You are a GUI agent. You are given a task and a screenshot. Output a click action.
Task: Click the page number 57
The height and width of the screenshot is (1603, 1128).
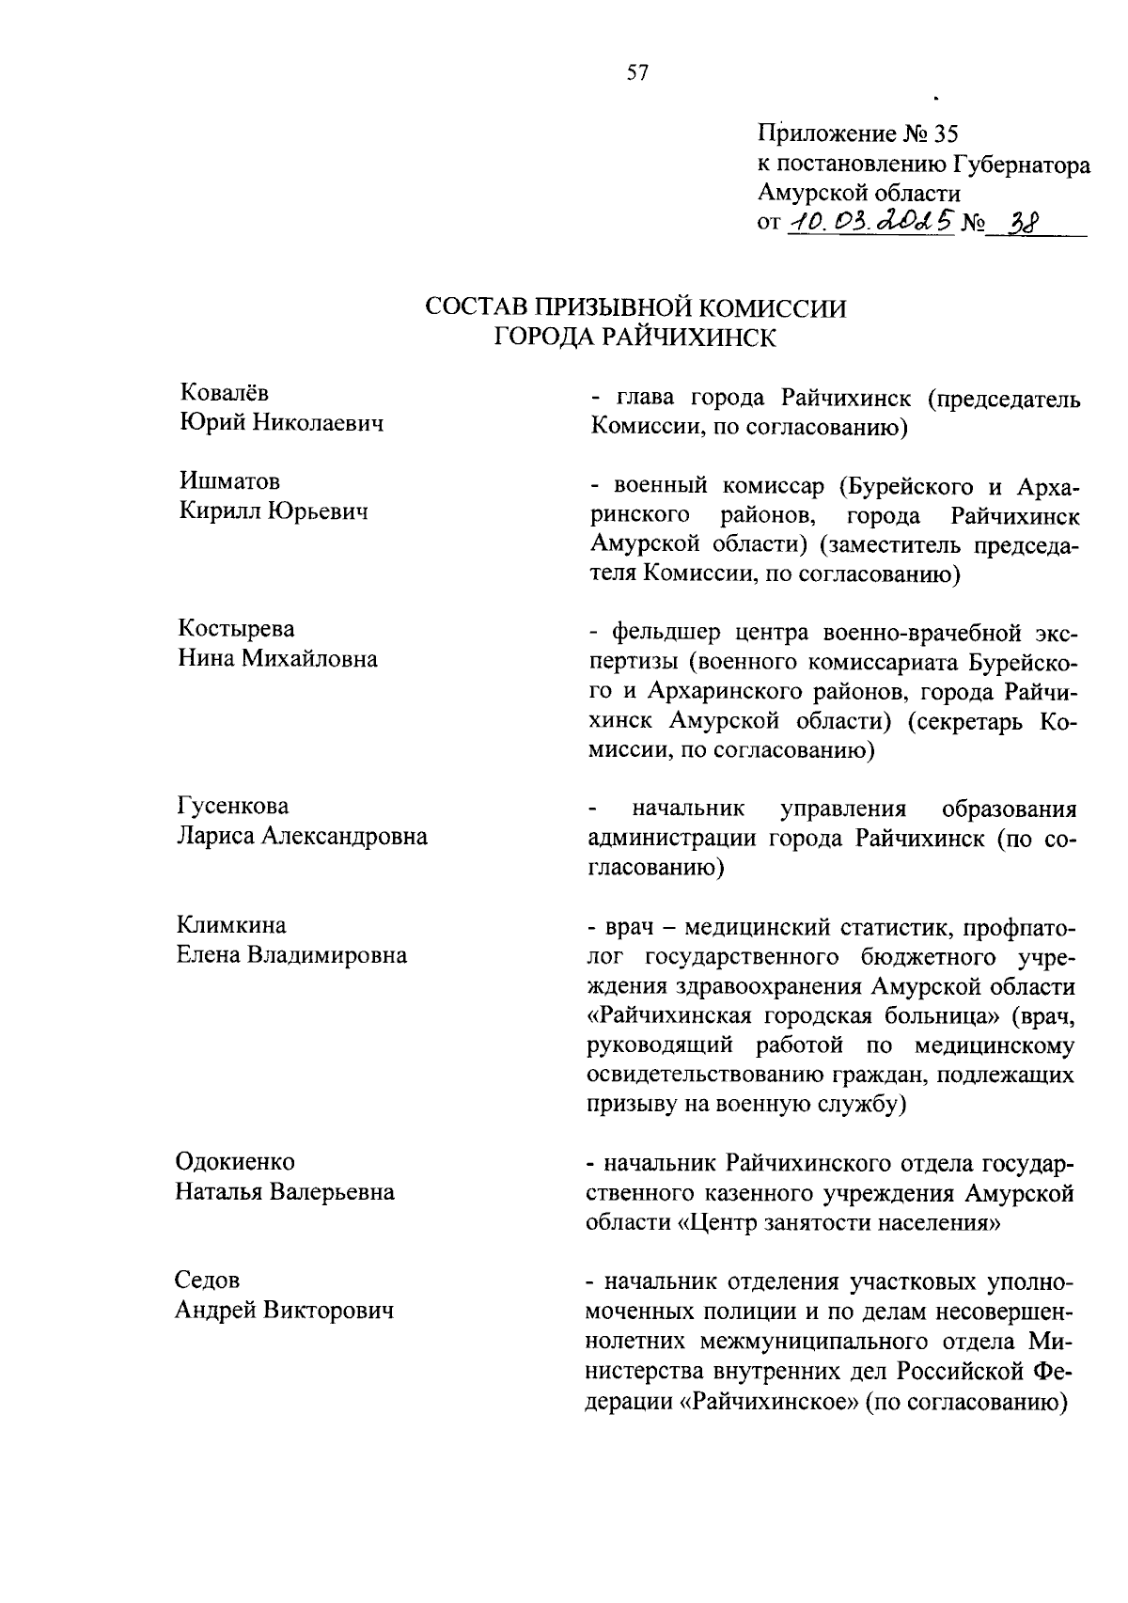[x=637, y=73]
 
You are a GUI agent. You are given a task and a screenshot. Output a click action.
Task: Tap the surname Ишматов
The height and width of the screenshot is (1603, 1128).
[x=228, y=481]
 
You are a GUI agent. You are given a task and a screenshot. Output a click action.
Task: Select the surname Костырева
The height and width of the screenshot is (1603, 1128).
[x=236, y=628]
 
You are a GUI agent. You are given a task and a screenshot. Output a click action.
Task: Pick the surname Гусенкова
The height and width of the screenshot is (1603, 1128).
[x=233, y=806]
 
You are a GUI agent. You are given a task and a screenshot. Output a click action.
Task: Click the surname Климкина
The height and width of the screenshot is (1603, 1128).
[x=231, y=924]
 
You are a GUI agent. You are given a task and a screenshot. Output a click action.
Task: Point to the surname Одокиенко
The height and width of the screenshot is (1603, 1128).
[x=235, y=1161]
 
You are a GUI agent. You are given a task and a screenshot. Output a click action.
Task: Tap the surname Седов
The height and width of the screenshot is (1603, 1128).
[x=207, y=1280]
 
